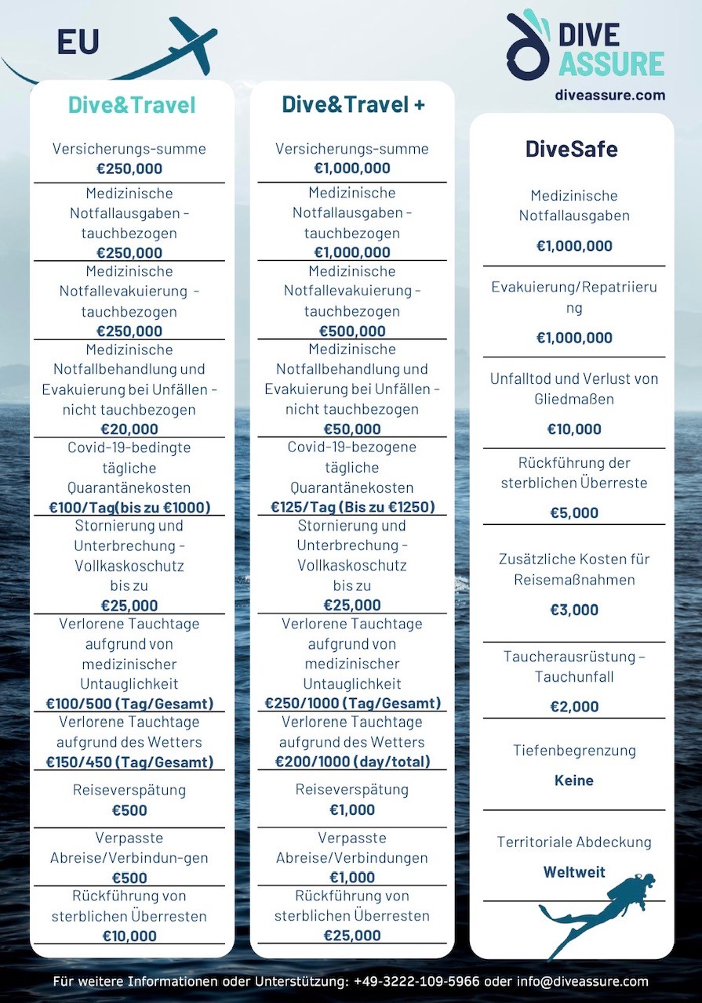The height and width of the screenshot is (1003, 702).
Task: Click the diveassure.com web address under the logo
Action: point(609,95)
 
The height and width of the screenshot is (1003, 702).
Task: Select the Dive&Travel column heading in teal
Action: point(132,105)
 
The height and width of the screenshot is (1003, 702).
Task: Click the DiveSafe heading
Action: point(572,149)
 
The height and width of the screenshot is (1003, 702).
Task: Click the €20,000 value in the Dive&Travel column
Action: point(129,429)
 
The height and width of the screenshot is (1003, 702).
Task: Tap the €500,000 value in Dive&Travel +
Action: point(352,331)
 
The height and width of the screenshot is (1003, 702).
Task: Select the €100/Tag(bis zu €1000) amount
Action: point(129,507)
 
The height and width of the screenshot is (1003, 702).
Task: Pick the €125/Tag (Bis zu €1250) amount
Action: point(352,507)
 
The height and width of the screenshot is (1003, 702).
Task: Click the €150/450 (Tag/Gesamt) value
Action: point(129,762)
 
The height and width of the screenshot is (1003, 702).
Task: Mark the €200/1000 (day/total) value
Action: point(352,762)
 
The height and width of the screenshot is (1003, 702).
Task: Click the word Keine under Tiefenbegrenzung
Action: point(574,780)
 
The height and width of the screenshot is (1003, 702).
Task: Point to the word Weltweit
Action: point(574,872)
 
